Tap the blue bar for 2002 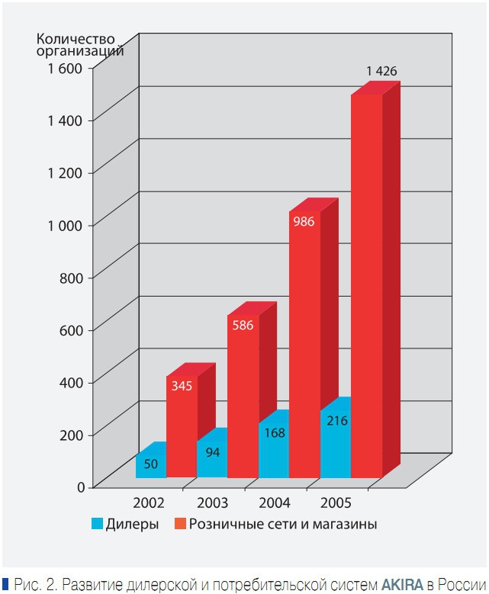click(150, 465)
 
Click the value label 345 click(182, 386)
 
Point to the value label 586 click(243, 324)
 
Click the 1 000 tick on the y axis click(69, 224)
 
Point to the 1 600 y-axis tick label click(69, 67)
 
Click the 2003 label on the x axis click(211, 503)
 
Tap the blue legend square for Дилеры click(97, 524)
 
